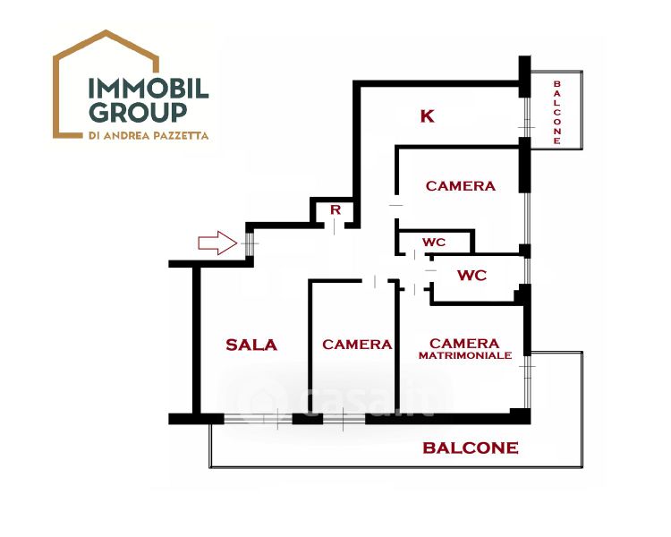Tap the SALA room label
pos(251,345)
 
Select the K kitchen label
pos(427,115)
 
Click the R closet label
pos(335,209)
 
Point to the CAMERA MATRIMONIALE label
pos(464,348)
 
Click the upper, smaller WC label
pos(435,243)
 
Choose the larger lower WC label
pos(471,276)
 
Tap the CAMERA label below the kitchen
pos(460,186)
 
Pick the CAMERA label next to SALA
pos(357,345)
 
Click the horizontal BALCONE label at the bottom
pos(470,447)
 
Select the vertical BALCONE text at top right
pos(556,113)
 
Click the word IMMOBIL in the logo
pos(148,88)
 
